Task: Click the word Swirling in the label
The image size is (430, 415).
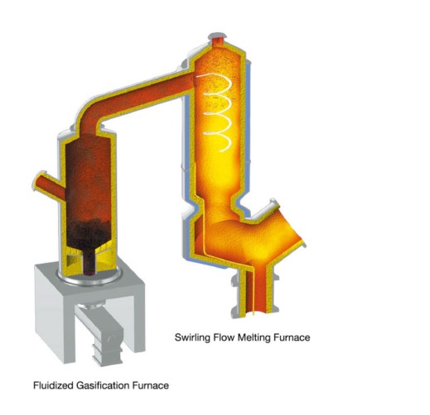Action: [x=192, y=338]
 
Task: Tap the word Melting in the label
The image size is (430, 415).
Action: [x=254, y=338]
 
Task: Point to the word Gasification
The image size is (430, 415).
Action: [x=103, y=385]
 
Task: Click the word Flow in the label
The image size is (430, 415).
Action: [x=224, y=337]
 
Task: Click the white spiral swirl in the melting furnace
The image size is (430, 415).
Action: [x=218, y=112]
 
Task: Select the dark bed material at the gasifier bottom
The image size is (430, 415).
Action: [x=89, y=237]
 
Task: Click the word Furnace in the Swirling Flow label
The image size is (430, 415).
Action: [x=292, y=337]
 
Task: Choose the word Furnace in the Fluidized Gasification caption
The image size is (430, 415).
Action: [x=151, y=385]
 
